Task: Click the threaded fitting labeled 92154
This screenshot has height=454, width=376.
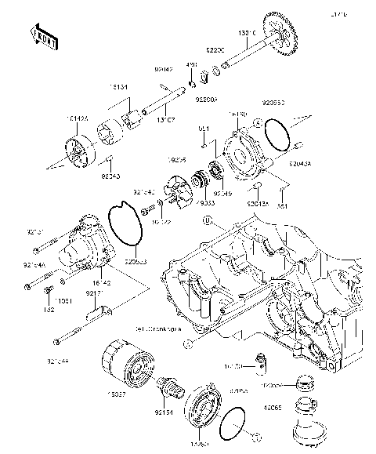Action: pos(167,387)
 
